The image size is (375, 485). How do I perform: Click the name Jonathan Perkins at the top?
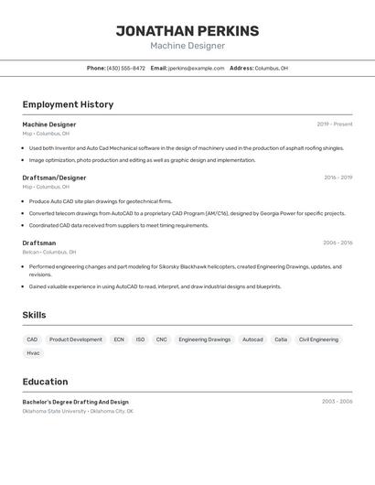point(187,31)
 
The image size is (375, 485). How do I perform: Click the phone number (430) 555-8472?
point(125,69)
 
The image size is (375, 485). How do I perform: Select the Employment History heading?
point(68,104)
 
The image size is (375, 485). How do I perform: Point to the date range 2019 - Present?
point(334,124)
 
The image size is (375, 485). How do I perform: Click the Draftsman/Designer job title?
point(54,178)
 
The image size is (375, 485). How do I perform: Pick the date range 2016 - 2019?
point(337,178)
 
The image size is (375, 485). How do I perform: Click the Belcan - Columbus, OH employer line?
point(49,252)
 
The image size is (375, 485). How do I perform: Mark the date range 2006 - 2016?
point(337,243)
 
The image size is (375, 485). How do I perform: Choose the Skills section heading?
point(34,315)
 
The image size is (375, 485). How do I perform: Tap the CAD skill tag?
point(32,339)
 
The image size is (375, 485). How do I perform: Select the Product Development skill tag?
point(75,339)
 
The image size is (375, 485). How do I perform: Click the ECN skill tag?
point(119,339)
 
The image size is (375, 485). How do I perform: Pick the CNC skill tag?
point(162,339)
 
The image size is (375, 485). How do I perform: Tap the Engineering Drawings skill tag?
point(205,339)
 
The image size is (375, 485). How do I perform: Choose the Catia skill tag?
point(281,339)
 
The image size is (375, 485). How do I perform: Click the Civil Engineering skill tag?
point(318,339)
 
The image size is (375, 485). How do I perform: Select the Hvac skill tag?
point(33,352)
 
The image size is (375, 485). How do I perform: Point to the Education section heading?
point(45,382)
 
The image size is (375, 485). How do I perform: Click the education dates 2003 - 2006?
point(337,401)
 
